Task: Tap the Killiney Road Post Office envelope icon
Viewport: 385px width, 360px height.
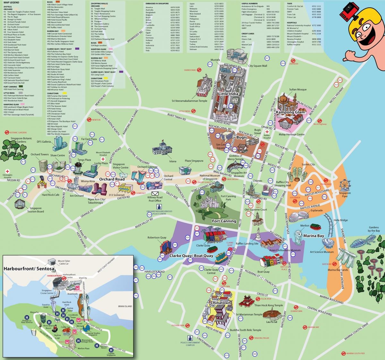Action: [x=155, y=194]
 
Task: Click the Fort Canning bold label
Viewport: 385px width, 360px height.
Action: [x=224, y=221]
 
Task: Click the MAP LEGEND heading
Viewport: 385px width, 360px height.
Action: [x=11, y=2]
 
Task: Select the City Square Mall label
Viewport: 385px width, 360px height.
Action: [x=258, y=66]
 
